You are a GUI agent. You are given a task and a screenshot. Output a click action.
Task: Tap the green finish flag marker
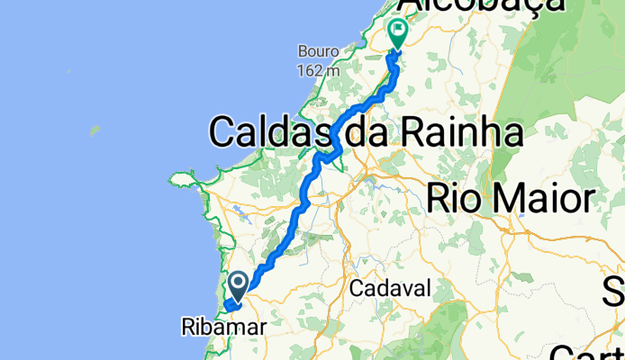[397, 32]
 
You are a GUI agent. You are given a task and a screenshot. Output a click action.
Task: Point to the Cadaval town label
[390, 289]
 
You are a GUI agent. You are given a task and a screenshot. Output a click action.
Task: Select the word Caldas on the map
[267, 133]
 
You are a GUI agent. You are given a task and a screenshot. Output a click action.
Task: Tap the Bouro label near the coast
[319, 49]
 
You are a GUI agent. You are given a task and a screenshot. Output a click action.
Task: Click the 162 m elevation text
[319, 68]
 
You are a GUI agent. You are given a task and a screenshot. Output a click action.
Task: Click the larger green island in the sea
[94, 130]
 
